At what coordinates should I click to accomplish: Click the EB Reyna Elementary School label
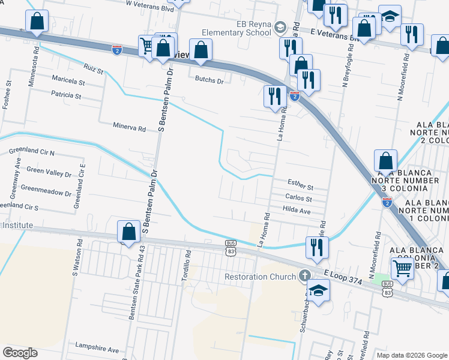[238, 28]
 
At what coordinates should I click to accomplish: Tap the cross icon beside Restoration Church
[305, 276]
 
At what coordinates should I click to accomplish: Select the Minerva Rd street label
[130, 128]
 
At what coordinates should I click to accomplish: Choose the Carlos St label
[298, 199]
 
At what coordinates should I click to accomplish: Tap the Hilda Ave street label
[297, 211]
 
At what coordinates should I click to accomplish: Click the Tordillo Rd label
[186, 263]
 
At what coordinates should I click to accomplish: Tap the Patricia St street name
[66, 95]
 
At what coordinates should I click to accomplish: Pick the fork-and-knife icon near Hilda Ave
[317, 247]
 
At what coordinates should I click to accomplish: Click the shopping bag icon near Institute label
[130, 232]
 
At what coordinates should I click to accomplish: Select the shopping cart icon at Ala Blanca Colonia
[402, 268]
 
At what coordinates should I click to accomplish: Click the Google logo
[20, 353]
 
